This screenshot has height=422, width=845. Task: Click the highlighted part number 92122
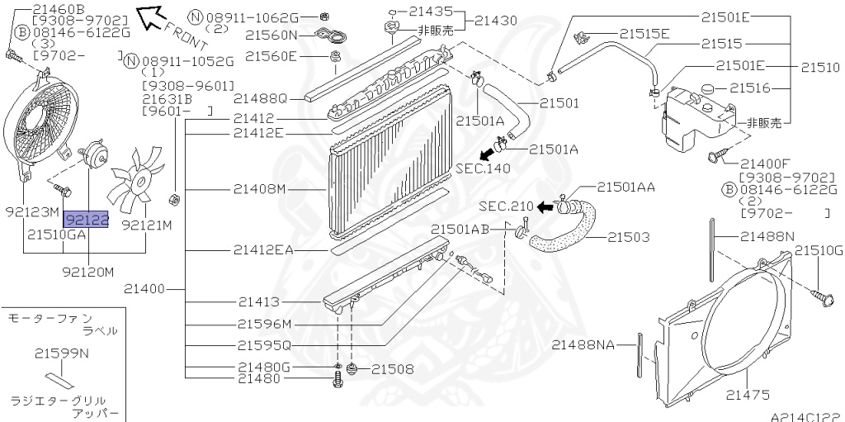87,220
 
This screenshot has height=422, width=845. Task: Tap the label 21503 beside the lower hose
629,237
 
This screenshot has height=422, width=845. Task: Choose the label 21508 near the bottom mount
393,368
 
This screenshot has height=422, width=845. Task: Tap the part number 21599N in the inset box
61,353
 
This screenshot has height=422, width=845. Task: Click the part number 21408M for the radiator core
259,189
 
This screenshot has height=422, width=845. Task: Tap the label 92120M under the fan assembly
87,271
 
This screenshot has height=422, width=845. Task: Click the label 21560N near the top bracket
270,36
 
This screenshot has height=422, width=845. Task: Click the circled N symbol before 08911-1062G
195,17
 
